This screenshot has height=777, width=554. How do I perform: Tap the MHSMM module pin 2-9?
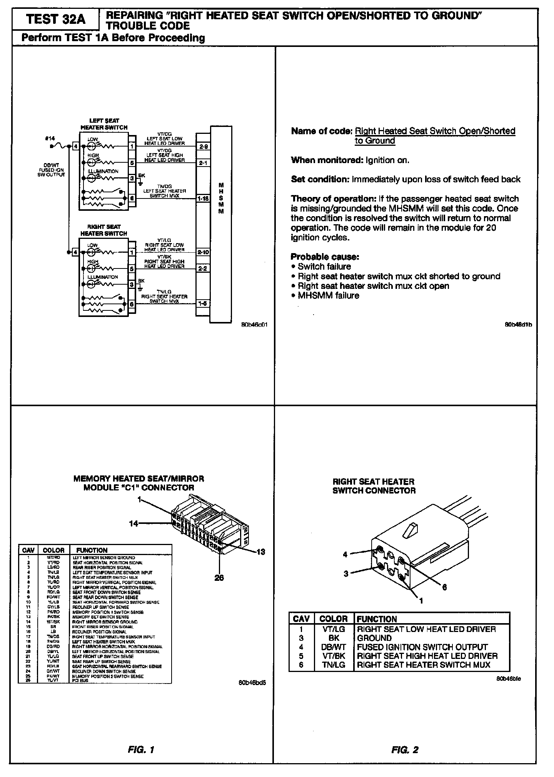[x=202, y=147]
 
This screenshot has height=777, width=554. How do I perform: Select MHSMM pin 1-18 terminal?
[x=202, y=198]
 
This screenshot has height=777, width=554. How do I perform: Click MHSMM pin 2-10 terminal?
[x=202, y=252]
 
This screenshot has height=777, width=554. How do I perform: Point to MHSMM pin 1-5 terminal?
[x=202, y=303]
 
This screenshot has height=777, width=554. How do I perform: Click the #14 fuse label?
[x=50, y=138]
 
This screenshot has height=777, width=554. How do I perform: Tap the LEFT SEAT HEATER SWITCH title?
[x=104, y=124]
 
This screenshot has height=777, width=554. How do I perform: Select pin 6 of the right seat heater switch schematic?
[x=132, y=304]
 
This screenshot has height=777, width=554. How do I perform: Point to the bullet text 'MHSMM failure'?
[x=328, y=295]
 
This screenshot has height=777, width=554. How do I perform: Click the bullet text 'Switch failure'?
[x=324, y=267]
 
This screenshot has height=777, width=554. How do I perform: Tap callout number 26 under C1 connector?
[x=219, y=578]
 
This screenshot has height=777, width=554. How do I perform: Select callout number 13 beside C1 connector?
[x=260, y=552]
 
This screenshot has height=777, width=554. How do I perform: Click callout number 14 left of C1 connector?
[x=133, y=523]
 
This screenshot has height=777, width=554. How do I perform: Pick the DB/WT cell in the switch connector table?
[x=334, y=647]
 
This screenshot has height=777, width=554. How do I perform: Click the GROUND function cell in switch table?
[x=374, y=638]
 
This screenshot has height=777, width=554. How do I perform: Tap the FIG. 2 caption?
[x=405, y=750]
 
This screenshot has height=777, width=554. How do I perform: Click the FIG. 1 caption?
[x=141, y=750]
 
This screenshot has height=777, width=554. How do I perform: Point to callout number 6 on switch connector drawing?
[x=444, y=587]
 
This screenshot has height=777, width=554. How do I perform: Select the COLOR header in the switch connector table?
[x=334, y=619]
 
